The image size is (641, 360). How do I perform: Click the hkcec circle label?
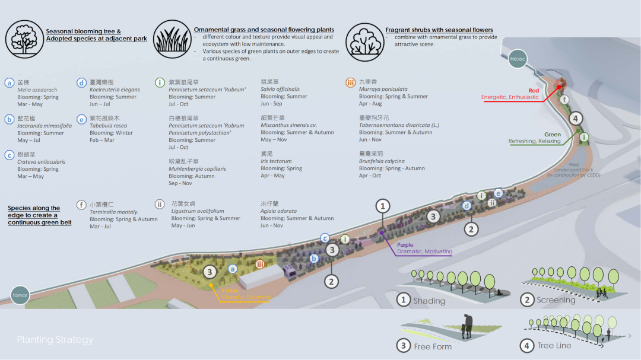point(518,59)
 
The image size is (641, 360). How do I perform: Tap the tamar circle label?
point(20,295)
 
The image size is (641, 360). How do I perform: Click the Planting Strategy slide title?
point(55,340)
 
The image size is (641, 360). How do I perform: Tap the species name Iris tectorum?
point(276,161)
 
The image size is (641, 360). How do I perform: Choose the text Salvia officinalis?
point(280,90)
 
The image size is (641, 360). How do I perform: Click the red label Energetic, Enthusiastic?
point(510,97)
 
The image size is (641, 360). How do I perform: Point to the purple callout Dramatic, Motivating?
point(424,251)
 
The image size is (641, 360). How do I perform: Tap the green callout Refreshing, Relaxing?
point(535,141)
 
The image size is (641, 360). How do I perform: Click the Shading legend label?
point(429,301)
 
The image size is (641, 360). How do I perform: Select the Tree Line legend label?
point(554,345)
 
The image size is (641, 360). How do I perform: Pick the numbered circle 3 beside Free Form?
point(404,346)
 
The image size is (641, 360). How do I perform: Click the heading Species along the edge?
point(34,215)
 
